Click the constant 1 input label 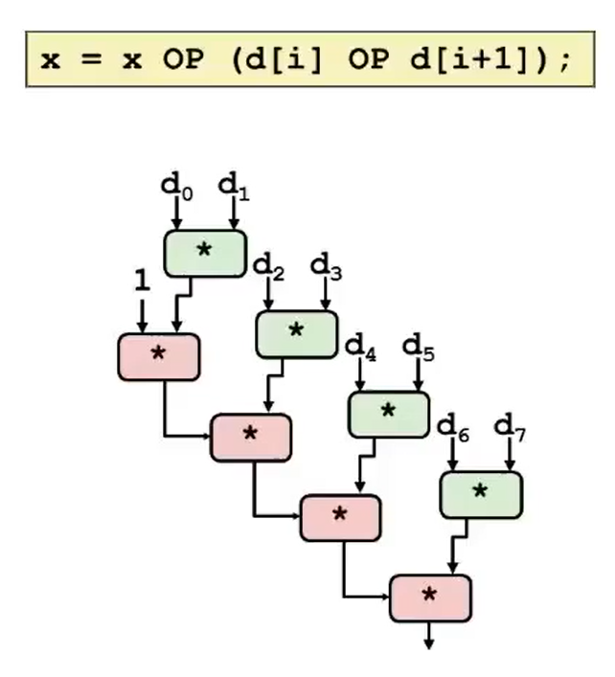pyautogui.click(x=142, y=282)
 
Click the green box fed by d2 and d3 pyautogui.click(x=296, y=333)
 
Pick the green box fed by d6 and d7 pyautogui.click(x=480, y=494)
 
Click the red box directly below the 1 pyautogui.click(x=158, y=356)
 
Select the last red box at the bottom pyautogui.click(x=430, y=598)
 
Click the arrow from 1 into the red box pyautogui.click(x=142, y=315)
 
